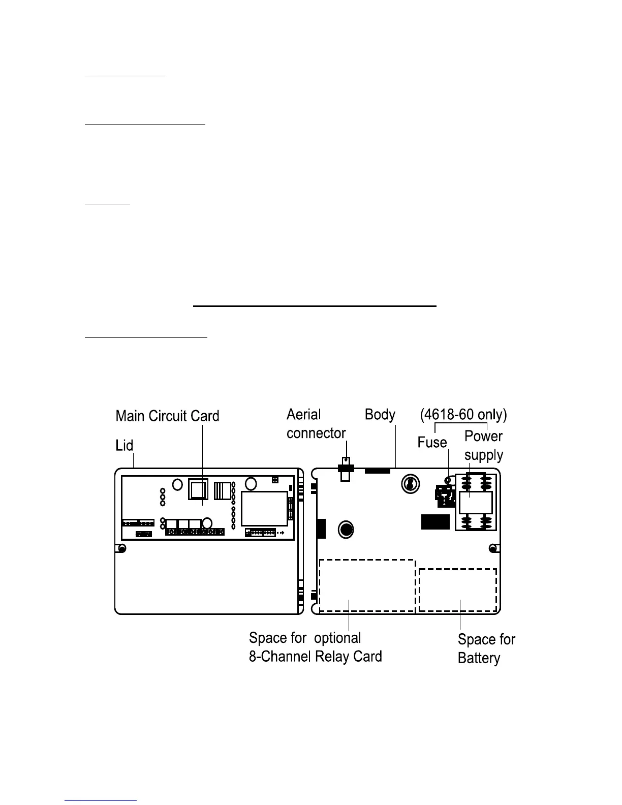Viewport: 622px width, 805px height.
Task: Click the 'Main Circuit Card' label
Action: pos(167,416)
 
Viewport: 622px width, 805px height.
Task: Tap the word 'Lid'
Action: pos(125,446)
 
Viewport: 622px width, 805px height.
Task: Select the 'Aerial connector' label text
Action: pos(316,424)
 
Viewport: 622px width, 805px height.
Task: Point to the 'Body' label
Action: pos(380,415)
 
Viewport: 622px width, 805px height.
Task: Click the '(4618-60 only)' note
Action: pos(463,415)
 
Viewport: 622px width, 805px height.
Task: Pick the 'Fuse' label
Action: pos(432,442)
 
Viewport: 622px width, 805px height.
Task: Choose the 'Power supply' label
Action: pos(483,446)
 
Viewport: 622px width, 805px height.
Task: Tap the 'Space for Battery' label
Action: pos(486,648)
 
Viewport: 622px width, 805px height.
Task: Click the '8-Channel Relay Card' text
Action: pos(315,656)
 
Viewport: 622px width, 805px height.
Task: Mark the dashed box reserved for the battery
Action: pos(457,590)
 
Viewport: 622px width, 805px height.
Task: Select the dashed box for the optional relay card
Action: pos(367,585)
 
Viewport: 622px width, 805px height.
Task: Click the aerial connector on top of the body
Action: pos(346,470)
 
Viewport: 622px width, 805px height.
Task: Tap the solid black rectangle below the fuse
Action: pos(436,522)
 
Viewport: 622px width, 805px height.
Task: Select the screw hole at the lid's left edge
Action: pos(122,548)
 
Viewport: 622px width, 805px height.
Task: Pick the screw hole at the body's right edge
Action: pos(492,548)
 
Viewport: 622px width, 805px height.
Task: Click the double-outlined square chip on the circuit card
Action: pos(198,490)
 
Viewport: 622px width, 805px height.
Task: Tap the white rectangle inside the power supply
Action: pos(476,503)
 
